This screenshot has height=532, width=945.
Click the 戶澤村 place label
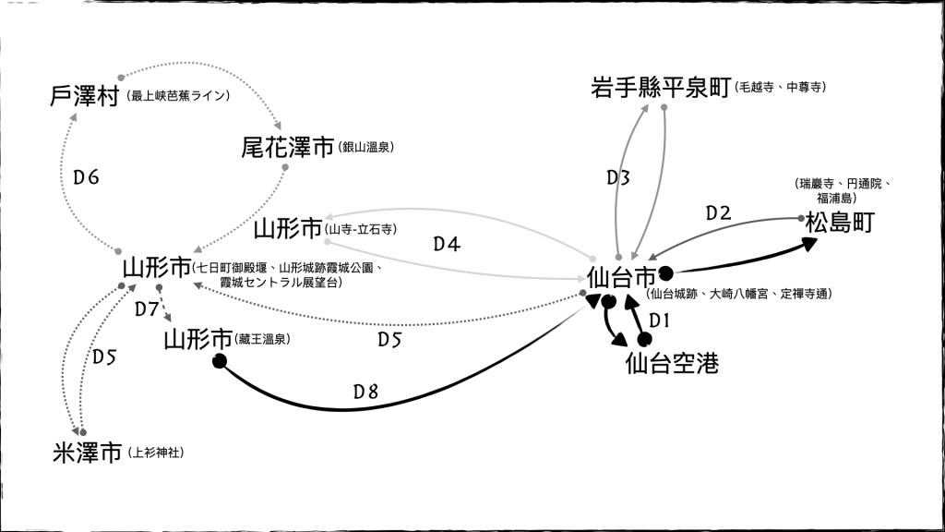85,96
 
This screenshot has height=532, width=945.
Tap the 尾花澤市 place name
287,147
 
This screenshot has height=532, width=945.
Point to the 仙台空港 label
671,363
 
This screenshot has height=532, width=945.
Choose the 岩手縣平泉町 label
661,88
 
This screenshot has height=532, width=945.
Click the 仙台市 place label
621,276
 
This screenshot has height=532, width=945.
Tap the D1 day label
658,320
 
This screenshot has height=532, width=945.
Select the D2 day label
718,213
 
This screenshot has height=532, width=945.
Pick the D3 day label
618,177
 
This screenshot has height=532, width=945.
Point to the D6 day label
86,177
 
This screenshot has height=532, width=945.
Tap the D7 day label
147,308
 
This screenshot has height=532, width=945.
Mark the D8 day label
365,392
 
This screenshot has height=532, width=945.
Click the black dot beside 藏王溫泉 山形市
220,361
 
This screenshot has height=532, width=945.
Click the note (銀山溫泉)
367,147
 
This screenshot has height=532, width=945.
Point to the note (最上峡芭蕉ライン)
179,95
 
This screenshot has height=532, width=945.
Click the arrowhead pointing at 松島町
808,244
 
